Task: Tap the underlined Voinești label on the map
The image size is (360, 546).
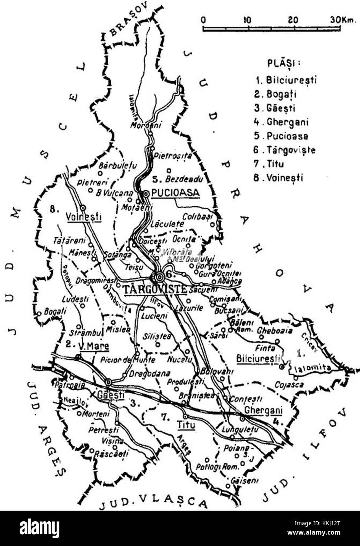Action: (84, 217)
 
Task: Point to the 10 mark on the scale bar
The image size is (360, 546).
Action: (247, 19)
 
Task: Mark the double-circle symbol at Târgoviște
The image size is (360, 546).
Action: (159, 277)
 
